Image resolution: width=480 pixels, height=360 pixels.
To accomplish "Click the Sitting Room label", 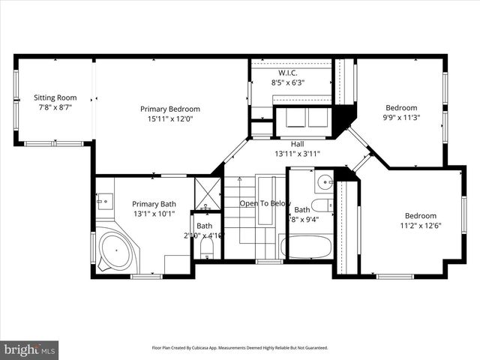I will (55, 97).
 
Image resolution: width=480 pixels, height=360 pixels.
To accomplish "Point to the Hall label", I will (297, 143).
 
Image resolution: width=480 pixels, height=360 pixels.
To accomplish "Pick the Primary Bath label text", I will (154, 204).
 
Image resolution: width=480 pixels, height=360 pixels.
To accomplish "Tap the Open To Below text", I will (264, 203).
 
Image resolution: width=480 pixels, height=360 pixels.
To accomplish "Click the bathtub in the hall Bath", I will (307, 247).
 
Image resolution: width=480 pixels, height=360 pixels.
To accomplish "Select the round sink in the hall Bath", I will (325, 182).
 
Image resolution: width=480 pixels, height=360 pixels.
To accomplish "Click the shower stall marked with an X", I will (207, 193).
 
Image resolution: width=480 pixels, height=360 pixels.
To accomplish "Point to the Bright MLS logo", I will (30, 349).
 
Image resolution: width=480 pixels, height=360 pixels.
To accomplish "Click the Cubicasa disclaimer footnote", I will (240, 348).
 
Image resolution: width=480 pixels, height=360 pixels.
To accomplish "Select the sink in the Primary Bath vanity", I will (103, 199).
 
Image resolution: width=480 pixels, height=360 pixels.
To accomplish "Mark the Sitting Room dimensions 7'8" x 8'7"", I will (55, 107).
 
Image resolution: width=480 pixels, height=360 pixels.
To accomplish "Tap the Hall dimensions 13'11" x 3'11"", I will (297, 154).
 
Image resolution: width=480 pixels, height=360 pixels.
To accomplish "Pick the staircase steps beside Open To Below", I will (240, 225).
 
